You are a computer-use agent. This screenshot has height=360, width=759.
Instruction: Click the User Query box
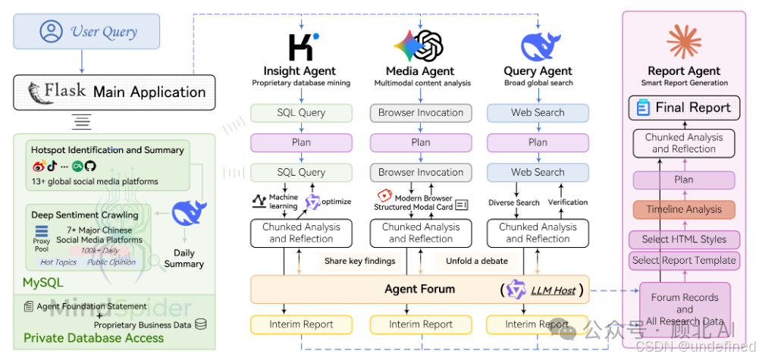86,32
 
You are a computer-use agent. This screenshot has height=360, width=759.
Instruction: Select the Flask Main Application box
114,92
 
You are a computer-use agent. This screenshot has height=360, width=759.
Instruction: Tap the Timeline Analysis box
683,209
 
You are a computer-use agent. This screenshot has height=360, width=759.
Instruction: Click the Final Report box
683,108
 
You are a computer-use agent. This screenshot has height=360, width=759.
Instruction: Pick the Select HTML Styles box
683,239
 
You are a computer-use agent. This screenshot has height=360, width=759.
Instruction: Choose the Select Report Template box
683,260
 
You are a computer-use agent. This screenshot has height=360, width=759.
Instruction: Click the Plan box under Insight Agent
301,142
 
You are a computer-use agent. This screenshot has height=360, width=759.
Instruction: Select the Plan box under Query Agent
538,142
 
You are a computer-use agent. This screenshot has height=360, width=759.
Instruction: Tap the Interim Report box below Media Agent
421,324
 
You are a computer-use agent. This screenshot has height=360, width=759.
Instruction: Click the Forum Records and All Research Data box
684,309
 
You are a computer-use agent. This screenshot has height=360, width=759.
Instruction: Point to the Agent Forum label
419,289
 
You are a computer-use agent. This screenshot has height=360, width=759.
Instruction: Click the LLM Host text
552,290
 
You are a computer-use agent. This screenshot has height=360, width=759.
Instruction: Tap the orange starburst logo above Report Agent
684,42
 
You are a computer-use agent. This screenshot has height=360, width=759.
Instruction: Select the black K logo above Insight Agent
303,46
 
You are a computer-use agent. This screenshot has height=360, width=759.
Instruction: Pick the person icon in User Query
52,32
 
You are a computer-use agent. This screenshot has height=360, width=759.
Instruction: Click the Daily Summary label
183,258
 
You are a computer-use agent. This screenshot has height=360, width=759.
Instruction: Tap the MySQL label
43,283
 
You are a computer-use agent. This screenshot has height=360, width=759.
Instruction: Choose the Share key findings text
359,261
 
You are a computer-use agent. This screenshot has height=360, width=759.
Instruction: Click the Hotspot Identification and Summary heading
107,150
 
